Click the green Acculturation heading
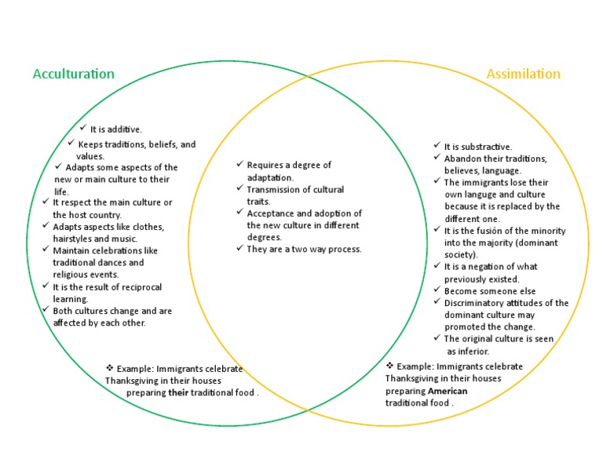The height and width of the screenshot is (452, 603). [x=73, y=74]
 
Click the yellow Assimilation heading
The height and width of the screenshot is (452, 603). [x=523, y=74]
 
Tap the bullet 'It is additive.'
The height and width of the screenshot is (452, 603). [x=116, y=129]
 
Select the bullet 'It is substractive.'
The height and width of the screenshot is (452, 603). [x=478, y=147]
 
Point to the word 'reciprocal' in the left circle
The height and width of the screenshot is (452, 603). [x=134, y=287]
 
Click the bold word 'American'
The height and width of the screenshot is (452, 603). [x=448, y=391]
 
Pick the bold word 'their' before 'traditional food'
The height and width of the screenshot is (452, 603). [x=180, y=392]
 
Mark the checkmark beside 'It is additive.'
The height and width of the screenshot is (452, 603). [x=83, y=128]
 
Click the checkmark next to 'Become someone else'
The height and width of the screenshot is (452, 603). [x=437, y=290]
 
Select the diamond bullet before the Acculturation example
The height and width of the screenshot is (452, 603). [x=109, y=368]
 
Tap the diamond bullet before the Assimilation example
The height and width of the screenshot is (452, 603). [x=389, y=366]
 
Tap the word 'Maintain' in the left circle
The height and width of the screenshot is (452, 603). [x=73, y=250]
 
